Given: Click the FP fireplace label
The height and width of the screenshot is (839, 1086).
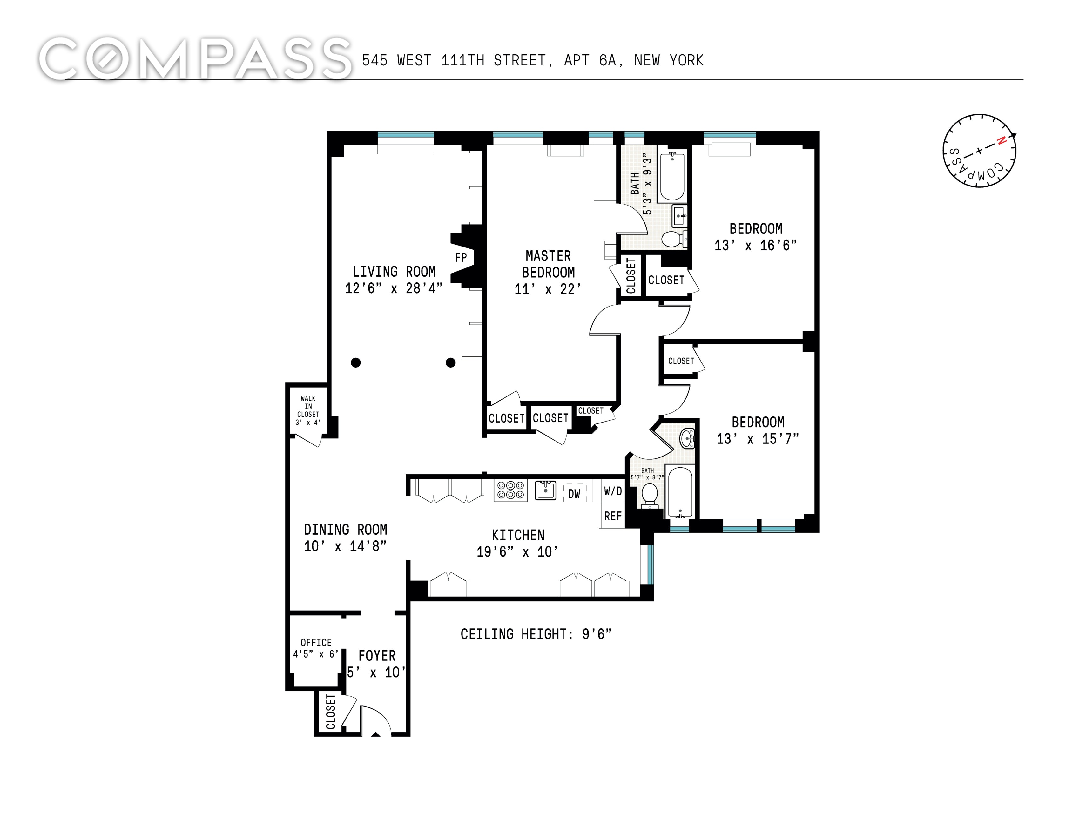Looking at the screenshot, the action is [461, 257].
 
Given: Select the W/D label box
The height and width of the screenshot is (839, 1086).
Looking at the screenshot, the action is [613, 491].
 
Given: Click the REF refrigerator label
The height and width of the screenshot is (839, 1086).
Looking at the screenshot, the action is [613, 516].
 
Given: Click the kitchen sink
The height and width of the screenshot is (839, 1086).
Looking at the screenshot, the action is [545, 490].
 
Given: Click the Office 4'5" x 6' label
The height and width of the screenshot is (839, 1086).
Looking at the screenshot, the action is [316, 648].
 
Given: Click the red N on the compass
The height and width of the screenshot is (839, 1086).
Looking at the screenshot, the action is [1002, 141].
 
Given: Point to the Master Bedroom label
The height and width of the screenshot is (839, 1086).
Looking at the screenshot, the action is [549, 264].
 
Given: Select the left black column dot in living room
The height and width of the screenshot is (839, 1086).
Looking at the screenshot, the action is [355, 362].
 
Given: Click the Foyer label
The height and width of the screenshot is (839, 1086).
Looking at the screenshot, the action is [377, 655].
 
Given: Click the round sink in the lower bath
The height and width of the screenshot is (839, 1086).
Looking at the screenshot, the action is [687, 438].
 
